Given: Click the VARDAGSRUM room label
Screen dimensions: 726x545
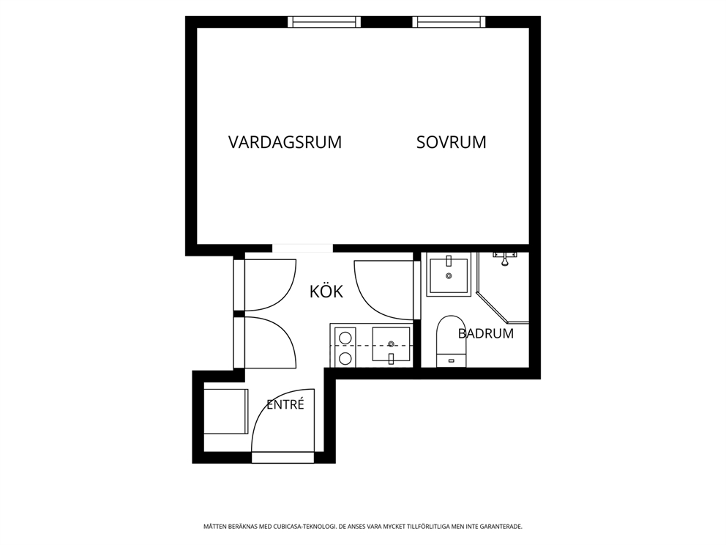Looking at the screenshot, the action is tap(285, 142).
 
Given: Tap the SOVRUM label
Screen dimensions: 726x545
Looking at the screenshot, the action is tap(451, 142).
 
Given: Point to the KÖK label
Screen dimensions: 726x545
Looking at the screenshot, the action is tap(326, 291).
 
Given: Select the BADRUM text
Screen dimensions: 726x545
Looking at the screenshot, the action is tap(486, 333).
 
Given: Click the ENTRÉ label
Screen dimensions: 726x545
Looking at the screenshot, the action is tap(285, 404).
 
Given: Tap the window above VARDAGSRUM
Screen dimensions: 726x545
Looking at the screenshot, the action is tap(324, 22).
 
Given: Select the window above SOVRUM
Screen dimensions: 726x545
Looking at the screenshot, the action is tap(449, 22).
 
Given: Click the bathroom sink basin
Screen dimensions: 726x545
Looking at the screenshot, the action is tap(448, 275).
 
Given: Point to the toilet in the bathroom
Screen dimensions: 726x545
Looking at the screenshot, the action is tap(452, 341).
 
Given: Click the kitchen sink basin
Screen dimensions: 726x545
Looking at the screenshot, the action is tap(392, 344).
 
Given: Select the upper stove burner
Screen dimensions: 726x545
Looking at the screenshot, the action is tap(345, 337).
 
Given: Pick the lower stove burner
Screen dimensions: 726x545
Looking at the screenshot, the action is tap(345, 357).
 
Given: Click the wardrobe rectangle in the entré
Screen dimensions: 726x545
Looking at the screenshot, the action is tap(226, 412).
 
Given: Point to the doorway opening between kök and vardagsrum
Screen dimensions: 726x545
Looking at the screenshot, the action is tap(302, 248).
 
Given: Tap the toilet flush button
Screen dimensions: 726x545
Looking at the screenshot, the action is tap(452, 360).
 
